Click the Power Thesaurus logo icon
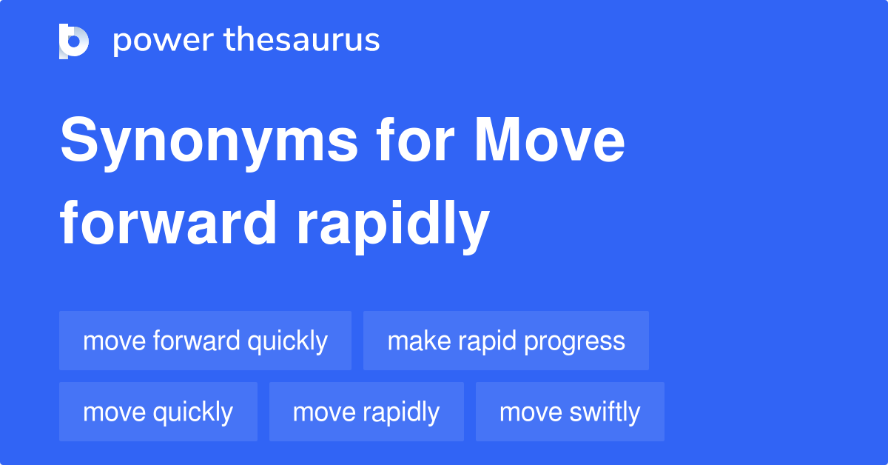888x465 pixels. pos(74,41)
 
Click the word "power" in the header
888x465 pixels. pos(164,41)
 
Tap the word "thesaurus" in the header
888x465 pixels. pos(302,39)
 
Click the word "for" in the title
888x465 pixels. pos(415,139)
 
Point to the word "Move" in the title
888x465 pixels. pos(550,139)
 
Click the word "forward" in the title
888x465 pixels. pos(168,223)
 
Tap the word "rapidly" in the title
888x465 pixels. pos(393,227)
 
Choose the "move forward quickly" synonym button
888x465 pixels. pos(206,341)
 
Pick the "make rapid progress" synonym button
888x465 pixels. pos(506,341)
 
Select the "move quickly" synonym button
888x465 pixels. pos(158,412)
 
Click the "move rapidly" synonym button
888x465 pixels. pos(366,412)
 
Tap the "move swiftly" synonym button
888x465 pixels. pos(570,412)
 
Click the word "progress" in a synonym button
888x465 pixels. pos(574,342)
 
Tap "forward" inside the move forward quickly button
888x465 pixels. pos(197,341)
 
